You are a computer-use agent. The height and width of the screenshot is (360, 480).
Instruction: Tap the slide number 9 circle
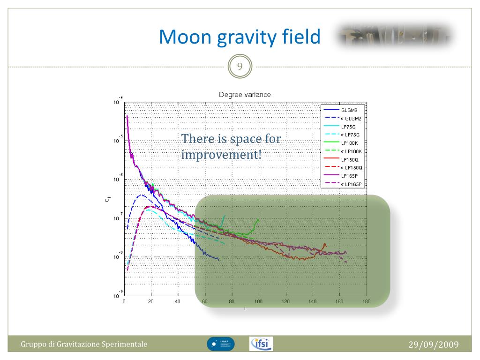click(x=240, y=67)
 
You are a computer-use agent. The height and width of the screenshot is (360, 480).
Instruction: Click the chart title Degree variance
click(x=245, y=94)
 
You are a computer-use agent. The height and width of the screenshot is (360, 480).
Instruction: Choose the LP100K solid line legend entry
click(x=350, y=143)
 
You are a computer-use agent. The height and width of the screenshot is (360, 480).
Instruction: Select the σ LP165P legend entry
click(x=352, y=184)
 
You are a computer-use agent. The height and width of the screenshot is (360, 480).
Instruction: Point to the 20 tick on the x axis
click(x=151, y=302)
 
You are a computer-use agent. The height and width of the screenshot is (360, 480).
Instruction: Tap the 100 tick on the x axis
click(x=259, y=302)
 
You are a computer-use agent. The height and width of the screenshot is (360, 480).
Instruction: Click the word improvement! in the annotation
click(x=221, y=155)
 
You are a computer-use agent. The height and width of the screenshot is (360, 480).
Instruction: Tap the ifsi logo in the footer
click(x=262, y=344)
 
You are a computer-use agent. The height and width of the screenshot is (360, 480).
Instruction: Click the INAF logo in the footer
click(x=220, y=344)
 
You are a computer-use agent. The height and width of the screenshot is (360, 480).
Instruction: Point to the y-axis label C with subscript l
click(x=108, y=200)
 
